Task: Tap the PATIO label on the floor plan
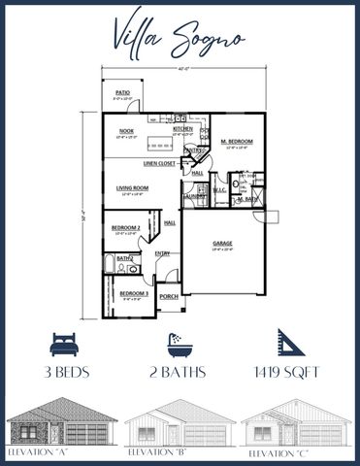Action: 123,92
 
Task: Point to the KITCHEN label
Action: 181,128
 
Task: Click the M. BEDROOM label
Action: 236,142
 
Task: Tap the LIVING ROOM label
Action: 132,188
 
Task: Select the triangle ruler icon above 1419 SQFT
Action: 289,343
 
